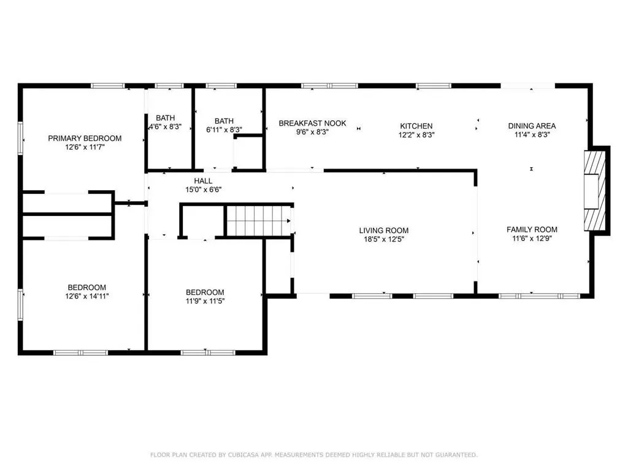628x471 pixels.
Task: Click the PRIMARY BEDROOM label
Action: click(x=85, y=138)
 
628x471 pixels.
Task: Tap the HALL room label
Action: click(x=203, y=181)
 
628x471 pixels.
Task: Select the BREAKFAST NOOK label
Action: click(x=312, y=123)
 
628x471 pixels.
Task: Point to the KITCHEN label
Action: click(x=416, y=126)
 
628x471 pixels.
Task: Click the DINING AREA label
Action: click(x=532, y=126)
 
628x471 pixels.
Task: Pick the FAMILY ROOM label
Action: click(x=532, y=229)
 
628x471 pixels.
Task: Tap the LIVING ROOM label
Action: click(x=384, y=231)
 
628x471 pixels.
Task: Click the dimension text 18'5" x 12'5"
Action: click(x=384, y=240)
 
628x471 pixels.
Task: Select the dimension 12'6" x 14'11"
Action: click(x=87, y=296)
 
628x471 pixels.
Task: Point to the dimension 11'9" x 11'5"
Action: click(x=205, y=301)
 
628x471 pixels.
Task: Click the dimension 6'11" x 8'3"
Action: click(x=224, y=130)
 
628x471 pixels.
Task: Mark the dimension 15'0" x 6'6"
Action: click(x=203, y=190)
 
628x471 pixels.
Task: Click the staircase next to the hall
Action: click(x=259, y=221)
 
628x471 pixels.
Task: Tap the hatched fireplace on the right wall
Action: click(x=595, y=190)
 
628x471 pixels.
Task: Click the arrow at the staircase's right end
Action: click(x=288, y=221)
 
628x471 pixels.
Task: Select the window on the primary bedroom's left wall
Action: click(x=20, y=138)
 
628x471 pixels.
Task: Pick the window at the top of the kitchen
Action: click(x=434, y=86)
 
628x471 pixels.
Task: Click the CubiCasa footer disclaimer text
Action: click(x=314, y=454)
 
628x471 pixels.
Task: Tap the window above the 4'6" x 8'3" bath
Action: click(x=169, y=86)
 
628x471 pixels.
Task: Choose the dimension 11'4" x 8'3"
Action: click(x=532, y=135)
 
